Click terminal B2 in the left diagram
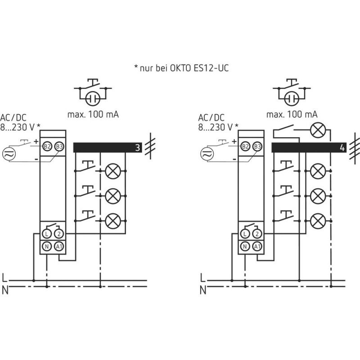click(47, 146)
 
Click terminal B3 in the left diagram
click(59, 146)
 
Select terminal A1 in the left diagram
click(59, 247)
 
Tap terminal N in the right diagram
click(245, 247)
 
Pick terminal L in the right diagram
click(245, 234)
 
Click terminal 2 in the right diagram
click(257, 234)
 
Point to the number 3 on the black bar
click(138, 148)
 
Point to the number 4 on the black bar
click(342, 148)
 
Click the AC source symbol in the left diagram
click(9, 153)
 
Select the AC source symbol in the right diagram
click(207, 153)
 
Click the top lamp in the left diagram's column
click(113, 171)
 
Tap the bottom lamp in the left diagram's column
click(113, 221)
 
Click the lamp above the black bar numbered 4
click(318, 130)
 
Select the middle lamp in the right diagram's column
click(318, 196)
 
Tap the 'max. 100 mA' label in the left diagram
click(93, 114)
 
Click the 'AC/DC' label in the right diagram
click(211, 117)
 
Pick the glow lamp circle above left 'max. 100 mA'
click(93, 99)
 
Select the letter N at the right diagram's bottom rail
click(203, 290)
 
